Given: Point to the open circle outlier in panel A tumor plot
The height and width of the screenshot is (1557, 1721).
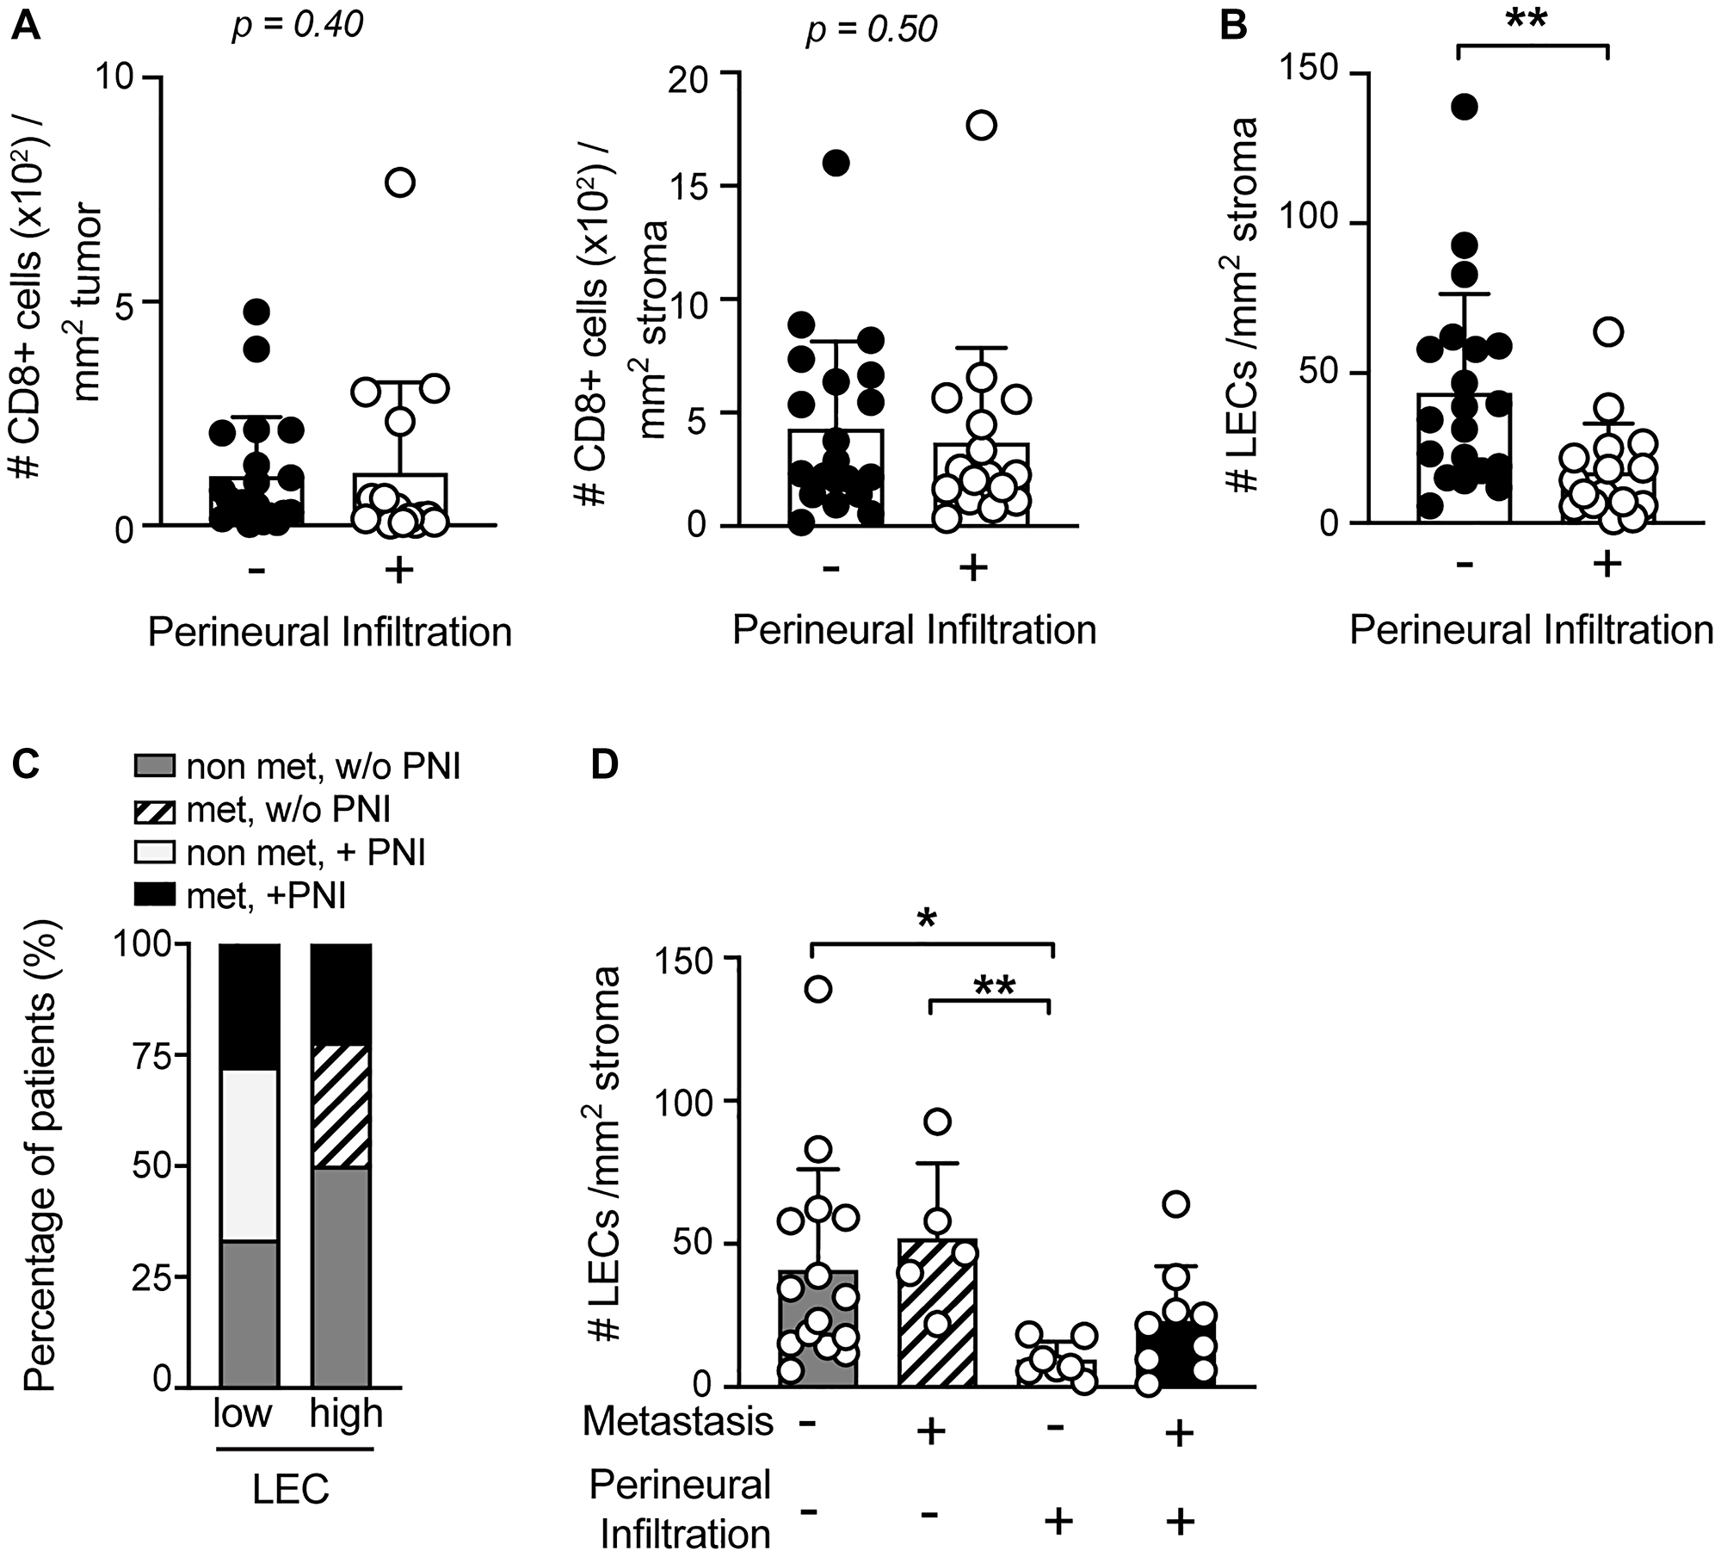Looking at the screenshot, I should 401,182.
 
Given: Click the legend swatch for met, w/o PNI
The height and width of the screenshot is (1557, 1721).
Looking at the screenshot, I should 156,811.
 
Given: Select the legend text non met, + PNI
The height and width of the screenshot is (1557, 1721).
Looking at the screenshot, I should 306,853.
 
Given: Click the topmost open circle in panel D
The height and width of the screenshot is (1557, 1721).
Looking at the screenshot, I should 817,989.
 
